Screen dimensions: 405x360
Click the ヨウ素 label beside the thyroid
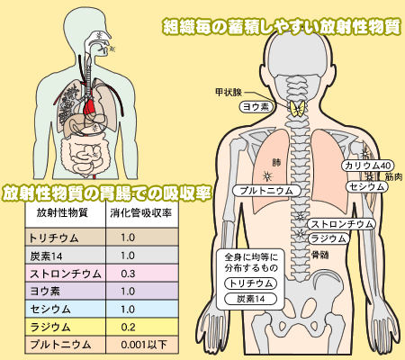[256, 107]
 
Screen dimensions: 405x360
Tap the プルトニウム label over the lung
[266, 191]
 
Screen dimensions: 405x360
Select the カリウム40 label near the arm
[367, 166]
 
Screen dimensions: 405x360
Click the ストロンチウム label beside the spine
[341, 224]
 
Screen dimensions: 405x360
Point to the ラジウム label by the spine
[328, 238]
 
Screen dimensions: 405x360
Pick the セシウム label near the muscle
[367, 186]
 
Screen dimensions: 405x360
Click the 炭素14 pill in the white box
[251, 299]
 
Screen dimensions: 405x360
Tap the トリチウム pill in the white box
[251, 283]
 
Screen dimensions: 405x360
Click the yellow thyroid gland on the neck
[297, 108]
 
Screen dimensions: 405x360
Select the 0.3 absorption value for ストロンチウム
[128, 274]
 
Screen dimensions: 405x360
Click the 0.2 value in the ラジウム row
[128, 327]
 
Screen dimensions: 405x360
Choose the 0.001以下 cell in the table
[144, 345]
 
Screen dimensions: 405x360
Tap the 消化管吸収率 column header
[140, 213]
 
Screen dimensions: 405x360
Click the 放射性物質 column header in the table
[62, 212]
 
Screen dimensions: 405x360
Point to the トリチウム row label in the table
[54, 238]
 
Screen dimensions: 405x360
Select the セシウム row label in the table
[50, 310]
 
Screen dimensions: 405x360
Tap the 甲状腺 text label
[229, 92]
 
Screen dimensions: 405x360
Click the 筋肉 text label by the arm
[393, 176]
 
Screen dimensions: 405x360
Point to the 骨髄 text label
[319, 255]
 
